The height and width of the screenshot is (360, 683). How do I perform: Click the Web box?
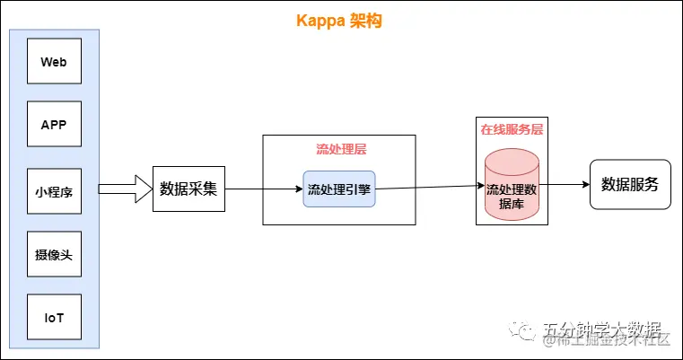(x=54, y=63)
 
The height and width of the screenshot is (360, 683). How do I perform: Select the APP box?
(x=54, y=127)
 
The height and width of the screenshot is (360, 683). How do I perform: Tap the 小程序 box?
(x=54, y=191)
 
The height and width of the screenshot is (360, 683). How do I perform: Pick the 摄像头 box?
(x=54, y=256)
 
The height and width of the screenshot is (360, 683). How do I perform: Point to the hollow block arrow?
(x=125, y=189)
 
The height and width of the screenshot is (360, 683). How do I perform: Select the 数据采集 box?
(x=188, y=189)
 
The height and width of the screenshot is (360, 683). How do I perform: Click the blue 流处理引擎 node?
(x=338, y=189)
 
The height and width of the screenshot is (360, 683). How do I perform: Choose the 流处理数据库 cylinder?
(x=512, y=193)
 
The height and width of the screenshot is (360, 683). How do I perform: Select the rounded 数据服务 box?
(x=629, y=185)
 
